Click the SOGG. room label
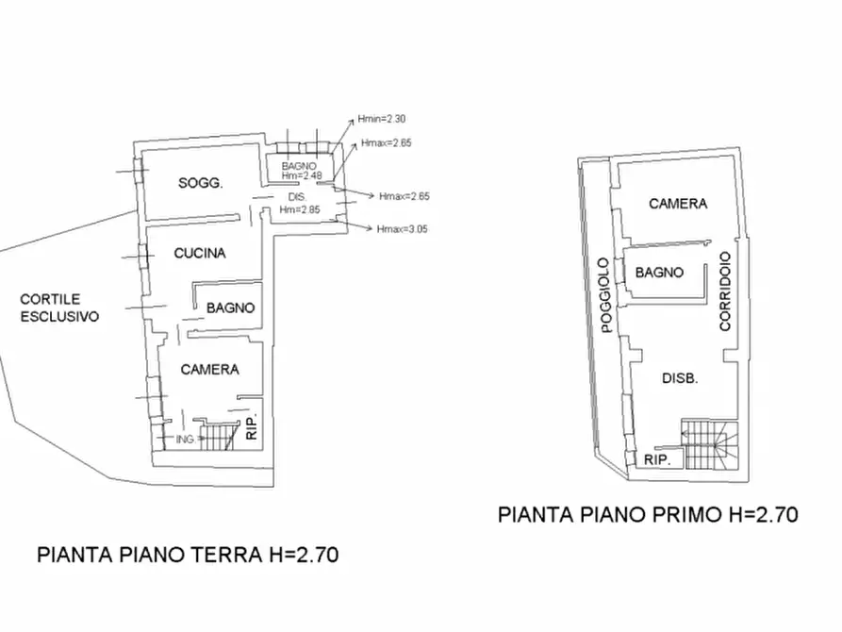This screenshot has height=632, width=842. click(x=200, y=183)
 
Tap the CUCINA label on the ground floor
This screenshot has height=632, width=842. click(x=200, y=253)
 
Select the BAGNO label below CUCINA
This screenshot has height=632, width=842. click(x=230, y=308)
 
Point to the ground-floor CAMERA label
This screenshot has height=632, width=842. click(x=209, y=370)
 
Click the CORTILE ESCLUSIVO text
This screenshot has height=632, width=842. click(x=59, y=308)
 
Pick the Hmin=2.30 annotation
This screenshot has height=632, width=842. click(x=381, y=119)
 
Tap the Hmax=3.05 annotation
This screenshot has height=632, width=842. click(x=403, y=229)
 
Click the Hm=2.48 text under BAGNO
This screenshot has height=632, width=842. click(x=302, y=175)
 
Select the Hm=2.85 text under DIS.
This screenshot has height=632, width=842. click(x=300, y=209)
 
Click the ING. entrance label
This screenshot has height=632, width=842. click(x=185, y=439)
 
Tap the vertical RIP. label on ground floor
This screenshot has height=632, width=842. click(x=252, y=426)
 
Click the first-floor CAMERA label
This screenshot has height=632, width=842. click(x=678, y=204)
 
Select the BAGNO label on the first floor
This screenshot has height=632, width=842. click(x=659, y=273)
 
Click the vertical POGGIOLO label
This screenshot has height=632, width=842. click(x=605, y=295)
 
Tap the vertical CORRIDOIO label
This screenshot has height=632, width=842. click(x=725, y=291)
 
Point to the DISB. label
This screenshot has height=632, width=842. click(x=680, y=378)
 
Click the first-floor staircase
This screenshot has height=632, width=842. click(x=709, y=444)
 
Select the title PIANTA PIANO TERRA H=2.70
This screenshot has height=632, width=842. click(x=188, y=555)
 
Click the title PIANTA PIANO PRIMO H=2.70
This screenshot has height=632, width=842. click(x=648, y=515)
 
